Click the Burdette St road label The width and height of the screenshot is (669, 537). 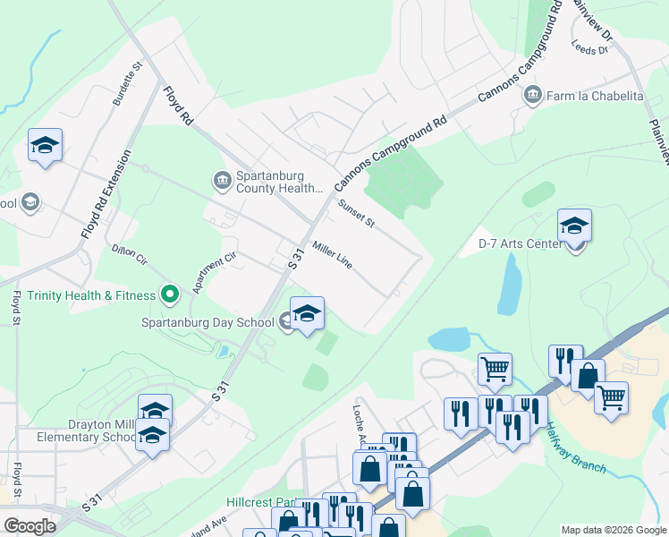click(128, 84)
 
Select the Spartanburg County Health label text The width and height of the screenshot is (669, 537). click(278, 183)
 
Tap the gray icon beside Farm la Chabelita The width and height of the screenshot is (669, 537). click(533, 95)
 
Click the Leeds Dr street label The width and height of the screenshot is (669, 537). click(589, 49)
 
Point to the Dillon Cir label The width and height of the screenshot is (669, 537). click(129, 255)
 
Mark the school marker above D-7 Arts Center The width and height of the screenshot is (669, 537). click(574, 226)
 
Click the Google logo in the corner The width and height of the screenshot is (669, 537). click(30, 525)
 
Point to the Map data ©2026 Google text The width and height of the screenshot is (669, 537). click(613, 530)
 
